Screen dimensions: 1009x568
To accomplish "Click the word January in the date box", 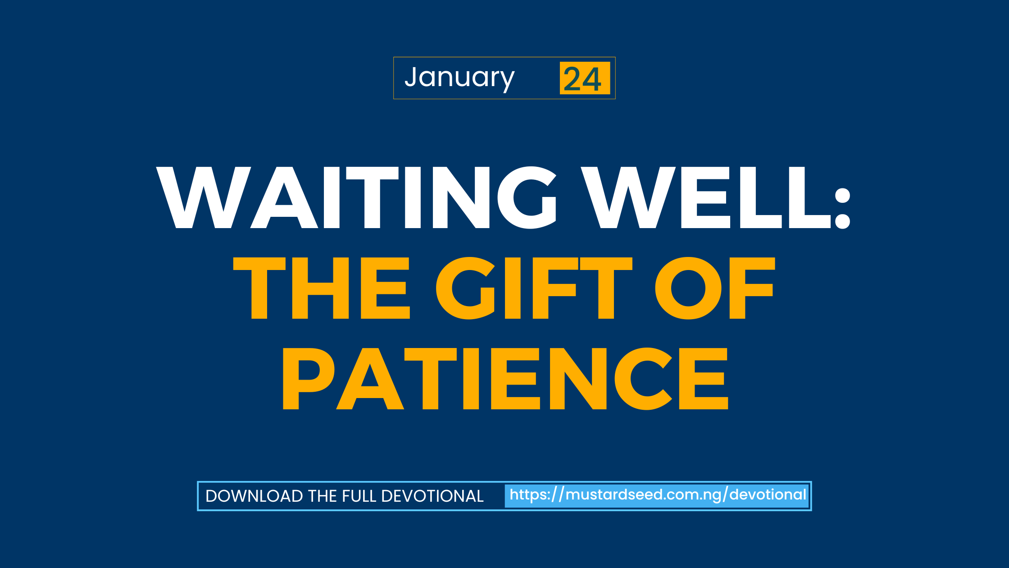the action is (x=459, y=78).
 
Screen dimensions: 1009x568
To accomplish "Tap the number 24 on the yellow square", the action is (x=582, y=79).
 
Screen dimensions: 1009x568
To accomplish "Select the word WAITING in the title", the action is (x=356, y=197).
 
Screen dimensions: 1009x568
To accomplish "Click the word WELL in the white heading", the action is (x=705, y=197).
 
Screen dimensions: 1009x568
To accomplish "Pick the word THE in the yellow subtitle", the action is (x=322, y=288).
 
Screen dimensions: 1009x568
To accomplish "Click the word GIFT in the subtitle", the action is (x=534, y=288).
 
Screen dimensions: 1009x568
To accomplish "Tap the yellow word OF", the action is (x=715, y=288).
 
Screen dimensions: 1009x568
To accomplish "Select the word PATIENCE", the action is (x=505, y=379).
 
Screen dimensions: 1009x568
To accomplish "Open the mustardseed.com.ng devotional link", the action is (x=658, y=495).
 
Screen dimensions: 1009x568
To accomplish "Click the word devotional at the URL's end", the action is (x=768, y=495).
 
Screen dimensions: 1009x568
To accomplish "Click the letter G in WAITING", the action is (x=527, y=197).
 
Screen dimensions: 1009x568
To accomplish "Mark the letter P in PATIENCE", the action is (x=308, y=379).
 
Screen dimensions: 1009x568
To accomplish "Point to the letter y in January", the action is (x=508, y=81).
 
